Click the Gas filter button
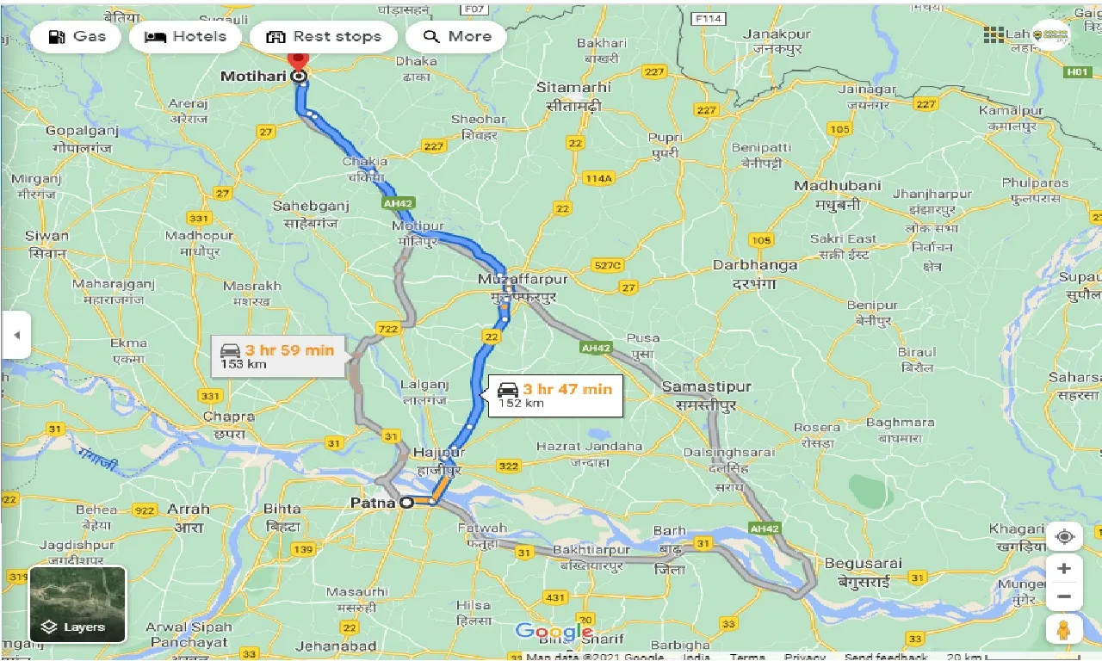point(77,37)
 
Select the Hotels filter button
point(185,37)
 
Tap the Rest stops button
point(323,37)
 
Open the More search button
point(456,37)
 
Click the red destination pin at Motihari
point(299,60)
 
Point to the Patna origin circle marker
point(406,503)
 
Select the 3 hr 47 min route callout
point(555,395)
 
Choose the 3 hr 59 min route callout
point(277,356)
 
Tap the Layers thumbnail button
point(77,604)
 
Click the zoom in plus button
point(1065,568)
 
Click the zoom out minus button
point(1065,596)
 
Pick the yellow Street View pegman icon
point(1065,629)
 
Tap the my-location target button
point(1065,537)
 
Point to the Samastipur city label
point(706,388)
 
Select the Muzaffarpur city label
point(523,280)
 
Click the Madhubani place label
point(837,186)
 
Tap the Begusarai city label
point(863,564)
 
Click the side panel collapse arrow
point(15,335)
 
